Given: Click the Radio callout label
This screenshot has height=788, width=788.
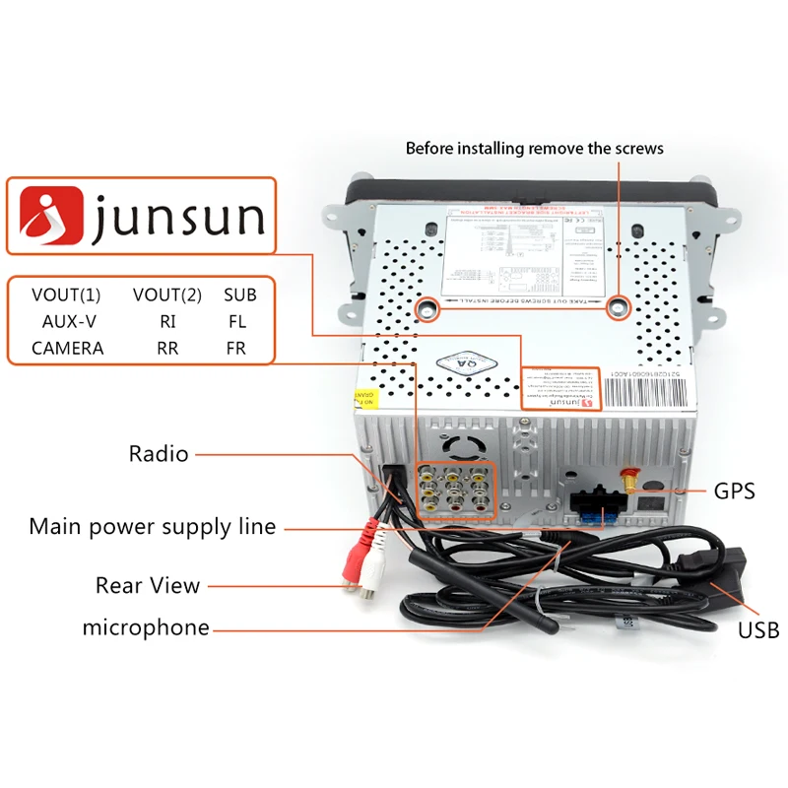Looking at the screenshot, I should pyautogui.click(x=158, y=454).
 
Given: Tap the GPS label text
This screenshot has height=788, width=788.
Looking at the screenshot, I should pyautogui.click(x=734, y=490).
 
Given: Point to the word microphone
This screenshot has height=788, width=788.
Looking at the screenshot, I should pyautogui.click(x=146, y=627).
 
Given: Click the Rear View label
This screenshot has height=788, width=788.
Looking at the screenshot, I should pyautogui.click(x=147, y=585).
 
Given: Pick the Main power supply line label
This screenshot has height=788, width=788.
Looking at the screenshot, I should pyautogui.click(x=152, y=526).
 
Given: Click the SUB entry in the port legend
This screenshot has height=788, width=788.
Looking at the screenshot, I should pyautogui.click(x=239, y=295).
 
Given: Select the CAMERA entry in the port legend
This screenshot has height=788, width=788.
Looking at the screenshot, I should pyautogui.click(x=67, y=348).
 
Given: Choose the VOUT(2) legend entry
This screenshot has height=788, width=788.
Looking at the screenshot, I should pyautogui.click(x=166, y=295).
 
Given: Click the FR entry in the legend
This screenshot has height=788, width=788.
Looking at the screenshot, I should pyautogui.click(x=235, y=348).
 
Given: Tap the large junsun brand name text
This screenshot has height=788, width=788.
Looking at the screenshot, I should pyautogui.click(x=178, y=218).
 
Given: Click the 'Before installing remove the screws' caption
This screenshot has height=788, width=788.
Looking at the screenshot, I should pyautogui.click(x=535, y=149).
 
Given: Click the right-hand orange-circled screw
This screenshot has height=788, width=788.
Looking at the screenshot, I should pyautogui.click(x=618, y=307).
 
